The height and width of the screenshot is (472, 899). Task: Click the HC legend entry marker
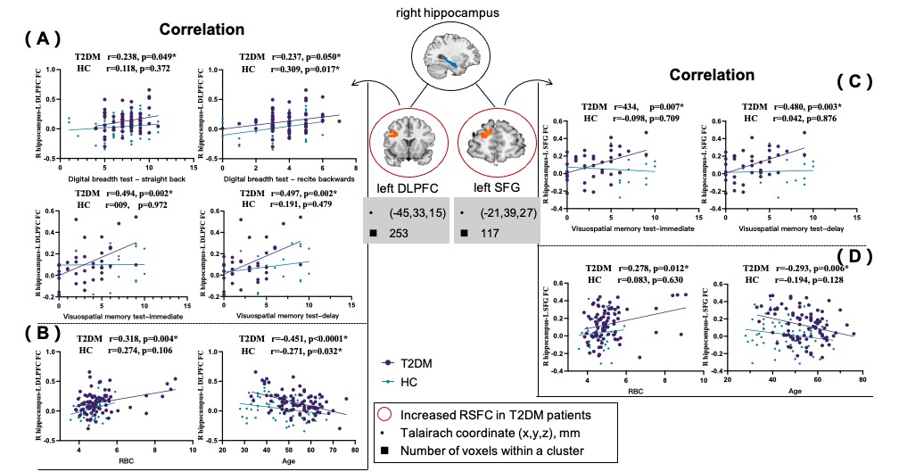click(x=388, y=381)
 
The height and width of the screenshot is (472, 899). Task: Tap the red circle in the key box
click(x=386, y=414)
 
